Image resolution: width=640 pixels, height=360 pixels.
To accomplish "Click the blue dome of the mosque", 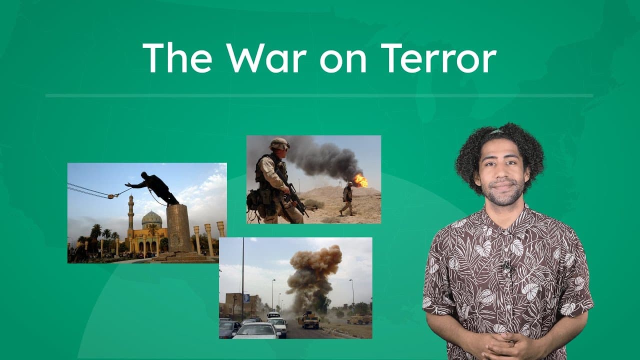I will tap(151, 218).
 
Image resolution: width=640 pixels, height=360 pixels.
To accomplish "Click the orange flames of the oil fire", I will tap(360, 180).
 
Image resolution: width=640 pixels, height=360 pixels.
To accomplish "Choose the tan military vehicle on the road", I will tap(310, 320).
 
